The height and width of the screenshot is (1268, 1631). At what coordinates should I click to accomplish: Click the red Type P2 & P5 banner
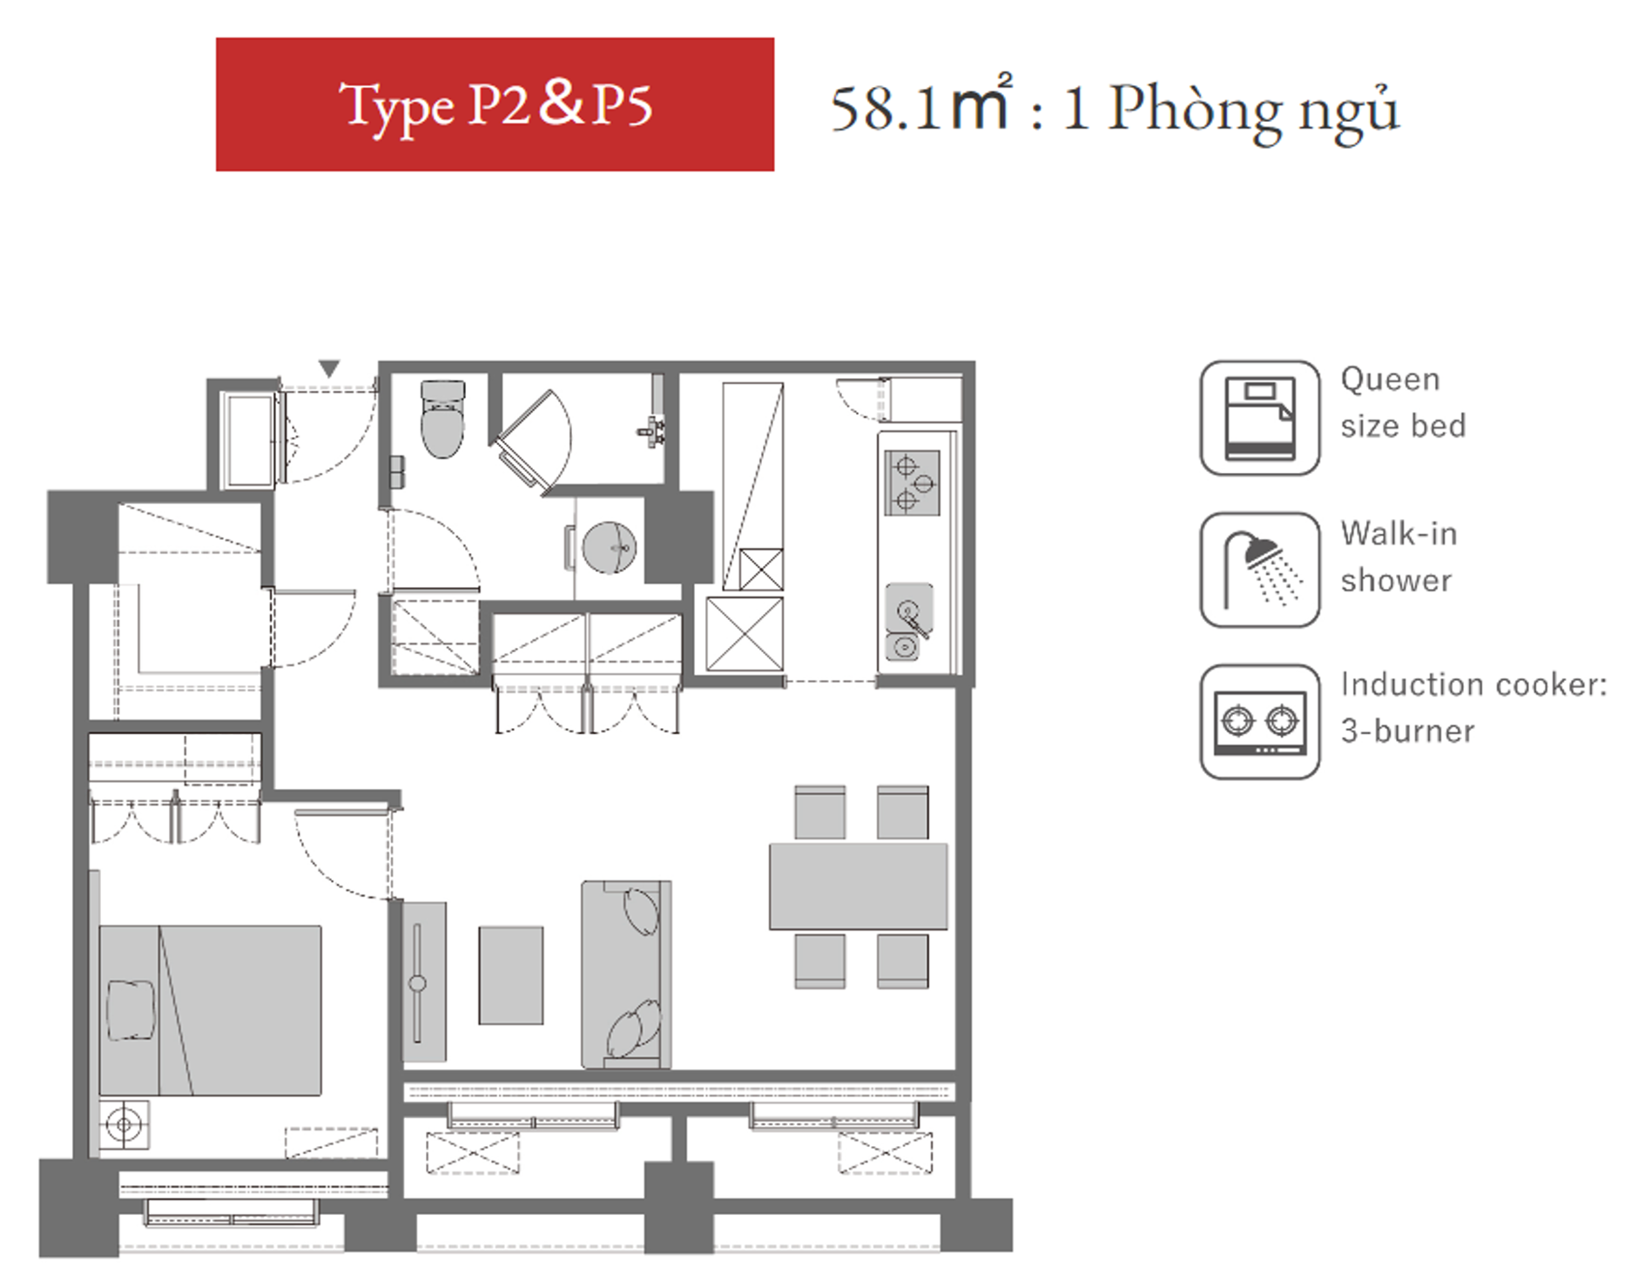(495, 105)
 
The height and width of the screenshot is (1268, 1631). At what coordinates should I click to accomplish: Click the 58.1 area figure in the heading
(886, 109)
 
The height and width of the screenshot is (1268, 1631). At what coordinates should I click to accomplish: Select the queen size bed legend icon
(1259, 418)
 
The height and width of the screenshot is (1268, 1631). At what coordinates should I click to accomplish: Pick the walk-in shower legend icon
(1259, 570)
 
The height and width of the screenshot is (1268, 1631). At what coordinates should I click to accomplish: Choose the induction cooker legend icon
(1259, 722)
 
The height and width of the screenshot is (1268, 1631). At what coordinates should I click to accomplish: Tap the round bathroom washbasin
(609, 548)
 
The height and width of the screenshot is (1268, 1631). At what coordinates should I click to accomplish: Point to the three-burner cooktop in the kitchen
(912, 482)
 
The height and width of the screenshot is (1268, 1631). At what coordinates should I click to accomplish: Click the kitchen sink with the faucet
(909, 609)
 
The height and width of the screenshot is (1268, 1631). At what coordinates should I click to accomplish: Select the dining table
(858, 886)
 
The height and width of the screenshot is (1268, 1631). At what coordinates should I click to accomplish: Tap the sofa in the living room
(626, 974)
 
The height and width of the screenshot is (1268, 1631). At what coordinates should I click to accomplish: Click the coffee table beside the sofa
(510, 975)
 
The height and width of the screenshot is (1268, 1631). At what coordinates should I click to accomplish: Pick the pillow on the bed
(131, 1009)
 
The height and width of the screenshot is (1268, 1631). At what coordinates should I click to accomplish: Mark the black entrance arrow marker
(328, 368)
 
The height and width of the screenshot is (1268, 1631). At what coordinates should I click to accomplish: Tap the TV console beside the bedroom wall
(424, 981)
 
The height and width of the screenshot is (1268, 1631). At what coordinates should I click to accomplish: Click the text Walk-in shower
(1398, 556)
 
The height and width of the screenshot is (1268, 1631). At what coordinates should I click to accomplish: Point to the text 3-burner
(1407, 731)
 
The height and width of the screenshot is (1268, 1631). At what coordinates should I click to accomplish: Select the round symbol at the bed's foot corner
(124, 1125)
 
